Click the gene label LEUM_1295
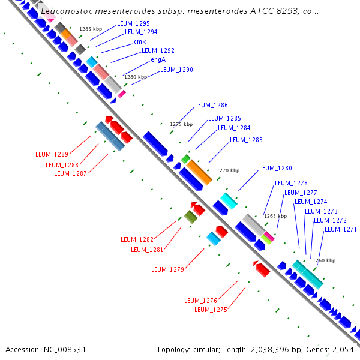pos(133,23)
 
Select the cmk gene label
pos(140,41)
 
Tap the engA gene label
pos(158,59)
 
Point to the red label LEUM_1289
pos(52,154)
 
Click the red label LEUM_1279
pos(167,269)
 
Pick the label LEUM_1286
pos(211,105)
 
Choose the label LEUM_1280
pos(275,168)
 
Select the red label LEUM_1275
pos(211,310)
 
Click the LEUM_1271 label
pos(341,229)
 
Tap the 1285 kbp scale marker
pos(91,29)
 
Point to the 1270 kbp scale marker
pos(228,170)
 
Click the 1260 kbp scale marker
pos(324,260)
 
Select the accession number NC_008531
pos(65,350)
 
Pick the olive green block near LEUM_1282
pos(191,217)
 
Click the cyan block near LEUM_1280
pos(229,201)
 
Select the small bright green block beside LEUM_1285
pos(186,159)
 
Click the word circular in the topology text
pos(206,350)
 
